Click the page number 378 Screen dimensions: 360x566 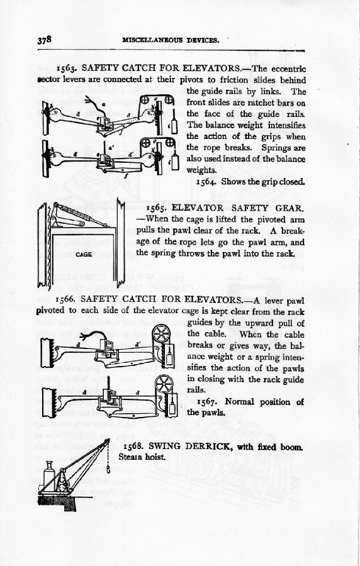tap(45, 40)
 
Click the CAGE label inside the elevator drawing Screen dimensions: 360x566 tap(84, 255)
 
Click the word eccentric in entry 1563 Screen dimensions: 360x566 tap(288, 69)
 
